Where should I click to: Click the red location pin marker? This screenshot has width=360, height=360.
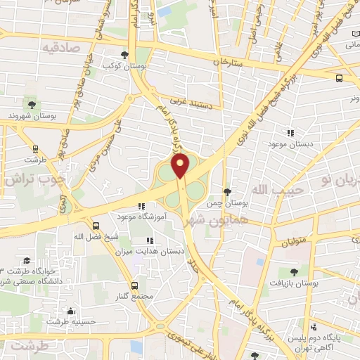pos(181,166)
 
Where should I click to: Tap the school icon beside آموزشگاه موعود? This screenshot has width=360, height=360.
pos(141,207)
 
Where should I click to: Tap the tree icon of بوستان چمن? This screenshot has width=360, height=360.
pos(226,191)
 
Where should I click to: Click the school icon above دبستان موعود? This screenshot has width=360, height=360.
pos(290,132)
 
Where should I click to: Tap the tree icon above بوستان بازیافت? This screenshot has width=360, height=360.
pos(293,271)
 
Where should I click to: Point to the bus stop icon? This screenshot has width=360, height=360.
pos(340,78)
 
